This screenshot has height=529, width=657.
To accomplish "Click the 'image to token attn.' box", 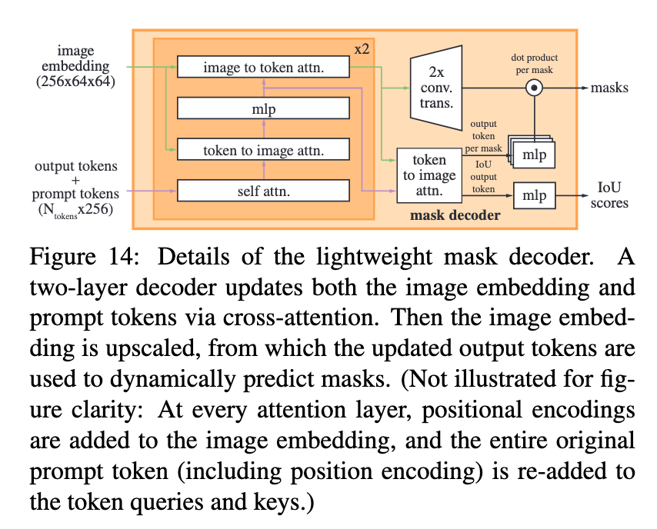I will tap(264, 68).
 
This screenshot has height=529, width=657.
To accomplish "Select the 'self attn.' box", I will tap(264, 189).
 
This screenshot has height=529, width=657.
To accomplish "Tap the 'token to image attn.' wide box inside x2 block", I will tap(264, 150).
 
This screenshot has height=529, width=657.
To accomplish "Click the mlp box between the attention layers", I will tap(264, 109).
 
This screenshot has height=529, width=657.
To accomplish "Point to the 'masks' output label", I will tap(609, 88).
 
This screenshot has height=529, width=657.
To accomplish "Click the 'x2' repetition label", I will tap(363, 48).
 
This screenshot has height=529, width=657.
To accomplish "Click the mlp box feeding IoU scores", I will tap(534, 195).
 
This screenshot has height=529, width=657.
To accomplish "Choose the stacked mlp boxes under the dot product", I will tap(532, 152).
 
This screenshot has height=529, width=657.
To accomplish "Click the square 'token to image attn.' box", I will tap(429, 175).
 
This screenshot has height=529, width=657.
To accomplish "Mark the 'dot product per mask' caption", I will tap(533, 63).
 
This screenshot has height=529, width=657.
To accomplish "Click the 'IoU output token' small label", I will tap(483, 175).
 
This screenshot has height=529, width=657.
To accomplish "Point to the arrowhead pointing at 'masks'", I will tap(583, 88).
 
